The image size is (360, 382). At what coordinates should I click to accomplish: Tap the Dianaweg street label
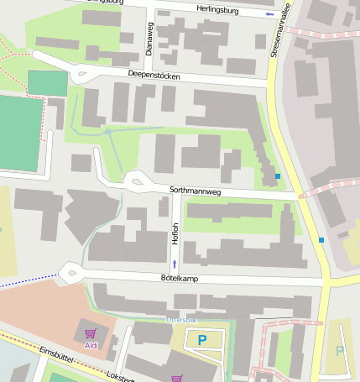pos(150,39)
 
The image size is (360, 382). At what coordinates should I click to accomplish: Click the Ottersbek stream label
pos(181,320)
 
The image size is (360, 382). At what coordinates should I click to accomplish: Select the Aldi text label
pos(91,345)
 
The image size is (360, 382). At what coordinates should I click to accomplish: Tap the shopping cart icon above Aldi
pos(91,332)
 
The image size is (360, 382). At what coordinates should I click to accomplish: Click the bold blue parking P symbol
pos(201,340)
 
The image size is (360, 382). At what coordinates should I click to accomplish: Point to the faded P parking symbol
pos(340,351)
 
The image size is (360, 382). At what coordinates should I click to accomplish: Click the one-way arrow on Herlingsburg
pos(269,14)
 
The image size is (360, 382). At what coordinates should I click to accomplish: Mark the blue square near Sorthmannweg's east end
pos(278,176)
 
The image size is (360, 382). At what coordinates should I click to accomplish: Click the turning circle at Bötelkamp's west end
pos(70,271)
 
